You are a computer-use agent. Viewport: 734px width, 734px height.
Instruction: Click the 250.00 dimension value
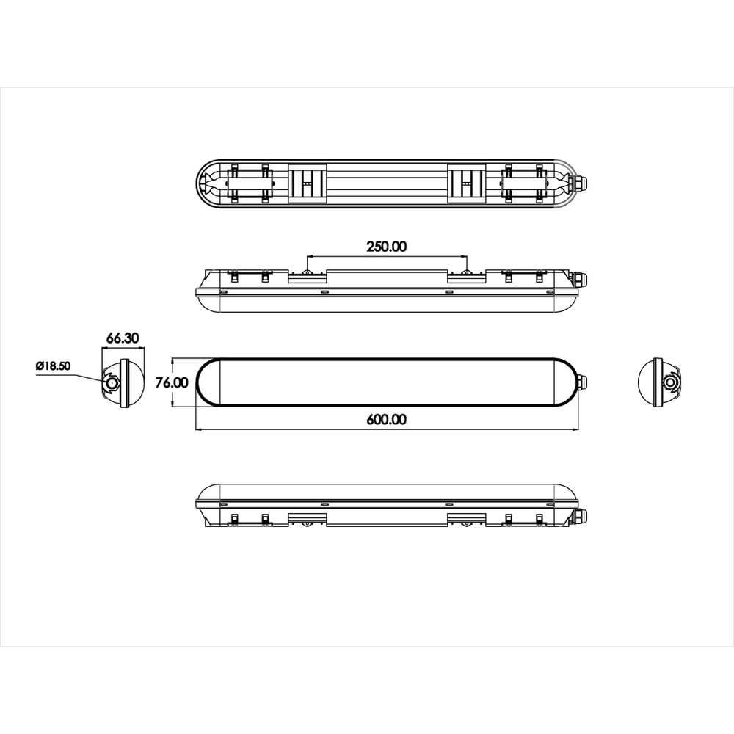click(x=386, y=247)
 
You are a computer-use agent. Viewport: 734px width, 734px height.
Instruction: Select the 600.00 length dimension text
click(x=386, y=420)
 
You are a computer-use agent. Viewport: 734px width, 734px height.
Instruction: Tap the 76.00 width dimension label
click(x=173, y=382)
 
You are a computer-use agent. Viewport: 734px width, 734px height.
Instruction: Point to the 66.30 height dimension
click(x=123, y=338)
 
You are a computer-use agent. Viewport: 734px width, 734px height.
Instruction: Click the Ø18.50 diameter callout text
click(x=52, y=366)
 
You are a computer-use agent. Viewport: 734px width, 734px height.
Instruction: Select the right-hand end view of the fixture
click(x=658, y=382)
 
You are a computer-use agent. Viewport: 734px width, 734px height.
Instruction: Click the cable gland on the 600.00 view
click(x=581, y=382)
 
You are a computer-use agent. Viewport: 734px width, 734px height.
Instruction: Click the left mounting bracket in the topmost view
click(x=308, y=181)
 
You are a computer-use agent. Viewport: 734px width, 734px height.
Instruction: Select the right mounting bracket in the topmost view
click(x=465, y=181)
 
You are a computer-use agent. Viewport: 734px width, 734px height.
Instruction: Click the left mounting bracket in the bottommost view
click(x=308, y=520)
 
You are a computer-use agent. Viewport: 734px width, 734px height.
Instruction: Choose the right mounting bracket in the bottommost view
click(x=465, y=520)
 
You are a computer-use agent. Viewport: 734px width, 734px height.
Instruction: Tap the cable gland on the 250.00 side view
click(x=581, y=280)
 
